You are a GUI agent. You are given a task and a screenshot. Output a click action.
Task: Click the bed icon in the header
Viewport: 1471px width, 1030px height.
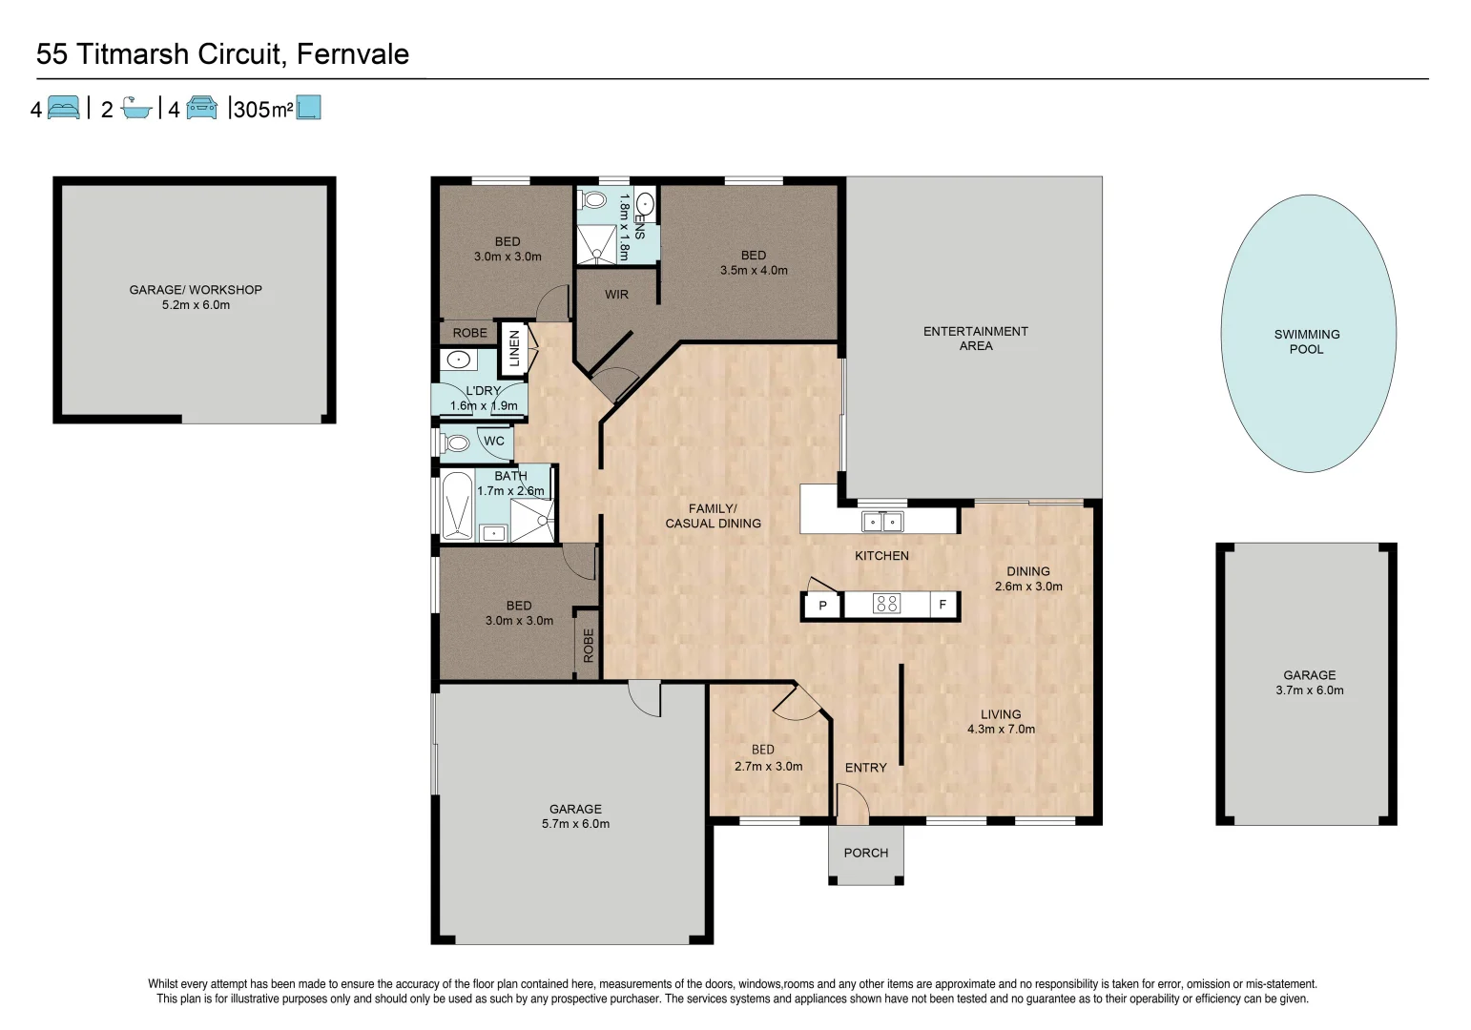click(63, 108)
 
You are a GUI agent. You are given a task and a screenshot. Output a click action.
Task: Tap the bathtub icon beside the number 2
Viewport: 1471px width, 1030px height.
click(136, 108)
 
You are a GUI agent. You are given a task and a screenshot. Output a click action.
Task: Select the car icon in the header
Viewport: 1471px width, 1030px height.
click(201, 108)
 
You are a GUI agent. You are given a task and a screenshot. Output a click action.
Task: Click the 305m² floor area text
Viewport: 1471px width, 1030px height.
click(262, 110)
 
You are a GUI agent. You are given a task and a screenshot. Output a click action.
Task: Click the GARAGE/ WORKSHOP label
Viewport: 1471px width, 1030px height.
click(196, 290)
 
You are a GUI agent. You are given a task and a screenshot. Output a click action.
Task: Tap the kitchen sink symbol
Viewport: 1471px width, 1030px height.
click(881, 522)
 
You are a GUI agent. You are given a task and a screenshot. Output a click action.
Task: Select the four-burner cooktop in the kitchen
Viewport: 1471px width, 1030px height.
click(887, 604)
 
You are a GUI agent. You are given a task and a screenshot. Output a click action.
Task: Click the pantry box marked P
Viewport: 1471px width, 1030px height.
click(822, 606)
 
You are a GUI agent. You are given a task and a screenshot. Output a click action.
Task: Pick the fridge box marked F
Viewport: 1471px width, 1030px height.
click(943, 605)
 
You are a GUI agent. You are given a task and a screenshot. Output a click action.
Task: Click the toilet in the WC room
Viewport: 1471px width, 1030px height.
click(456, 443)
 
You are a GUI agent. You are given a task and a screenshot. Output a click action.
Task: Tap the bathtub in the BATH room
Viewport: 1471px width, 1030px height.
click(457, 505)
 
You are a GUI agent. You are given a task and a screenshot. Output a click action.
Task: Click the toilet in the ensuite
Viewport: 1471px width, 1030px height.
click(594, 199)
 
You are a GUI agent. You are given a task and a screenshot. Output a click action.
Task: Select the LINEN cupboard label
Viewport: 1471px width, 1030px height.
click(514, 348)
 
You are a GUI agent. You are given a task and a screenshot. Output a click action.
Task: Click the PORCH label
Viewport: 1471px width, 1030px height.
click(865, 854)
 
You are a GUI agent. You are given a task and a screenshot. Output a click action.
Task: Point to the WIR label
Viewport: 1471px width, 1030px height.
click(616, 295)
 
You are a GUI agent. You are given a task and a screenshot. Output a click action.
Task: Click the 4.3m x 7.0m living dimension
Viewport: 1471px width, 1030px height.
click(1001, 730)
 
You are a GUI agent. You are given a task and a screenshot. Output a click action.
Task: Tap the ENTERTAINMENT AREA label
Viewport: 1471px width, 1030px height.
click(975, 339)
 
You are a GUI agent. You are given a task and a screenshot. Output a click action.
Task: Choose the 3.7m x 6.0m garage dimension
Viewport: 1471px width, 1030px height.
click(1309, 690)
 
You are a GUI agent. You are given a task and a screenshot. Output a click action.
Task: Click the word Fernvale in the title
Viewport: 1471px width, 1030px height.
click(353, 54)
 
